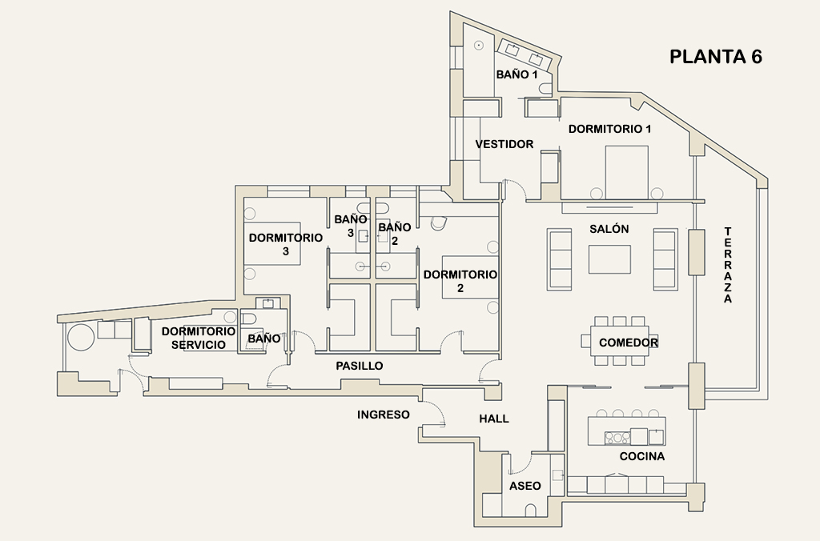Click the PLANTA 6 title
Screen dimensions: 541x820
tap(715, 58)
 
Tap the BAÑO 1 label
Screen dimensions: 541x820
tap(517, 74)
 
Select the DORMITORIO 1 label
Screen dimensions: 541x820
tap(610, 129)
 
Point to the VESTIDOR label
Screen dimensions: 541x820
tap(504, 145)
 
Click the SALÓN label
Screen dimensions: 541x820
tap(609, 229)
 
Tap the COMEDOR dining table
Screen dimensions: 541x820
tap(620, 343)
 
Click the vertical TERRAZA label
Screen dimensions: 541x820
tap(728, 265)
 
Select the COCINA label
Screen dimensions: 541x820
tap(642, 456)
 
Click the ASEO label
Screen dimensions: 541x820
tap(525, 486)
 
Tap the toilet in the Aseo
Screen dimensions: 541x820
tap(530, 511)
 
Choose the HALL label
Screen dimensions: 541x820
tap(493, 419)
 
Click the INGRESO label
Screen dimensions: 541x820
tap(384, 415)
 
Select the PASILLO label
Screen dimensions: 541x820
tap(359, 366)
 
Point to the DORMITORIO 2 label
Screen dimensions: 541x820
tap(460, 281)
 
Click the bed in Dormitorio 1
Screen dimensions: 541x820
tap(626, 171)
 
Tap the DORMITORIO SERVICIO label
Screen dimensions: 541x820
tap(198, 338)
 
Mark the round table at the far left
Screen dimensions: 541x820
tap(80, 337)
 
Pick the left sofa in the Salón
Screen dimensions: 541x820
tap(560, 258)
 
